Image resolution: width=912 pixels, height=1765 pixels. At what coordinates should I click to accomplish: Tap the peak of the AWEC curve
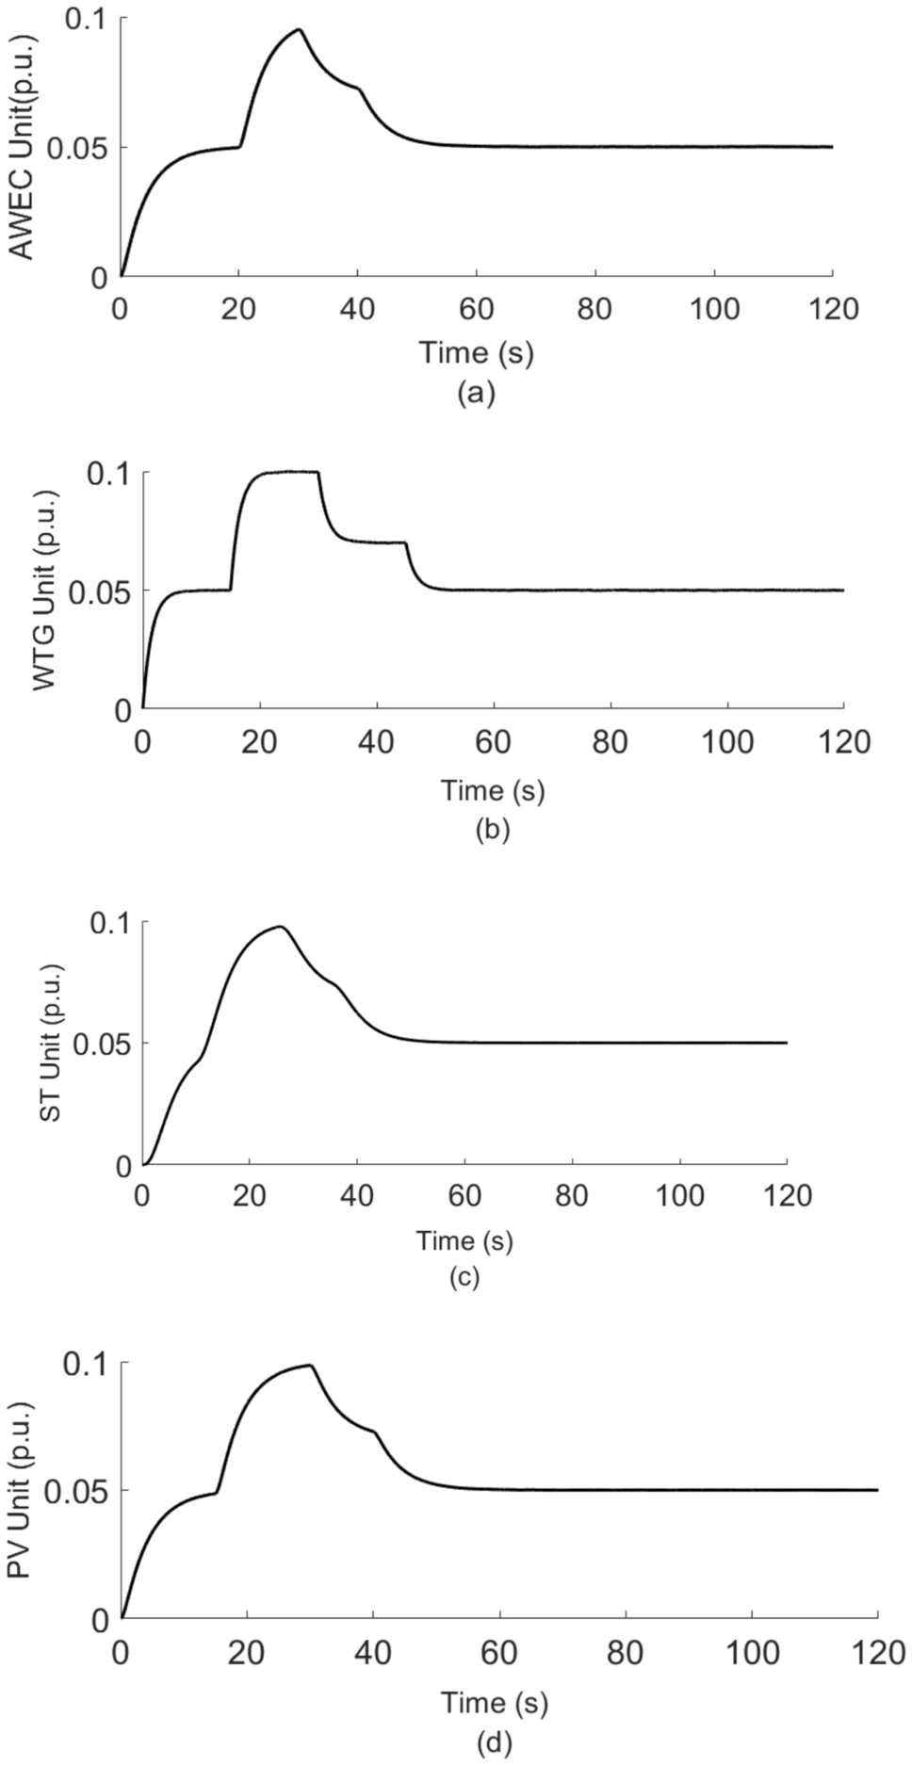point(300,29)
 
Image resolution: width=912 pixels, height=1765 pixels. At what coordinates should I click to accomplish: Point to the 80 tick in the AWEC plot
point(594,308)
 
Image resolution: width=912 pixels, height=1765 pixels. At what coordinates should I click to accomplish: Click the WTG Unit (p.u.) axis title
point(44,590)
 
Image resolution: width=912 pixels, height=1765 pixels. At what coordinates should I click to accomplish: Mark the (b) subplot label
point(491,830)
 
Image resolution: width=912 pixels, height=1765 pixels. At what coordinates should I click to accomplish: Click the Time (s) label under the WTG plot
point(493,790)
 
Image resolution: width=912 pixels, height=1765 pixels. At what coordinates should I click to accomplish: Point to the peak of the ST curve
point(280,927)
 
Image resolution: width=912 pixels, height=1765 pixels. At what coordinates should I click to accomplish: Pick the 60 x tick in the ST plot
point(464,1195)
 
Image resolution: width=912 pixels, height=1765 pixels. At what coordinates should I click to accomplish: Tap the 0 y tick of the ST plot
point(122,1166)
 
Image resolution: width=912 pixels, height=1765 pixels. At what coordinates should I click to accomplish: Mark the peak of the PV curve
point(310,1365)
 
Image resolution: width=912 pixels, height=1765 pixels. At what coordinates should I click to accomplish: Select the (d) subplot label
point(494,1743)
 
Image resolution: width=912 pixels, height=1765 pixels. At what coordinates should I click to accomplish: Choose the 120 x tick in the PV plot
point(877,1652)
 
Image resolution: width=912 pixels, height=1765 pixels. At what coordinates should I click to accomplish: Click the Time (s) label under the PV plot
point(495,1702)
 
